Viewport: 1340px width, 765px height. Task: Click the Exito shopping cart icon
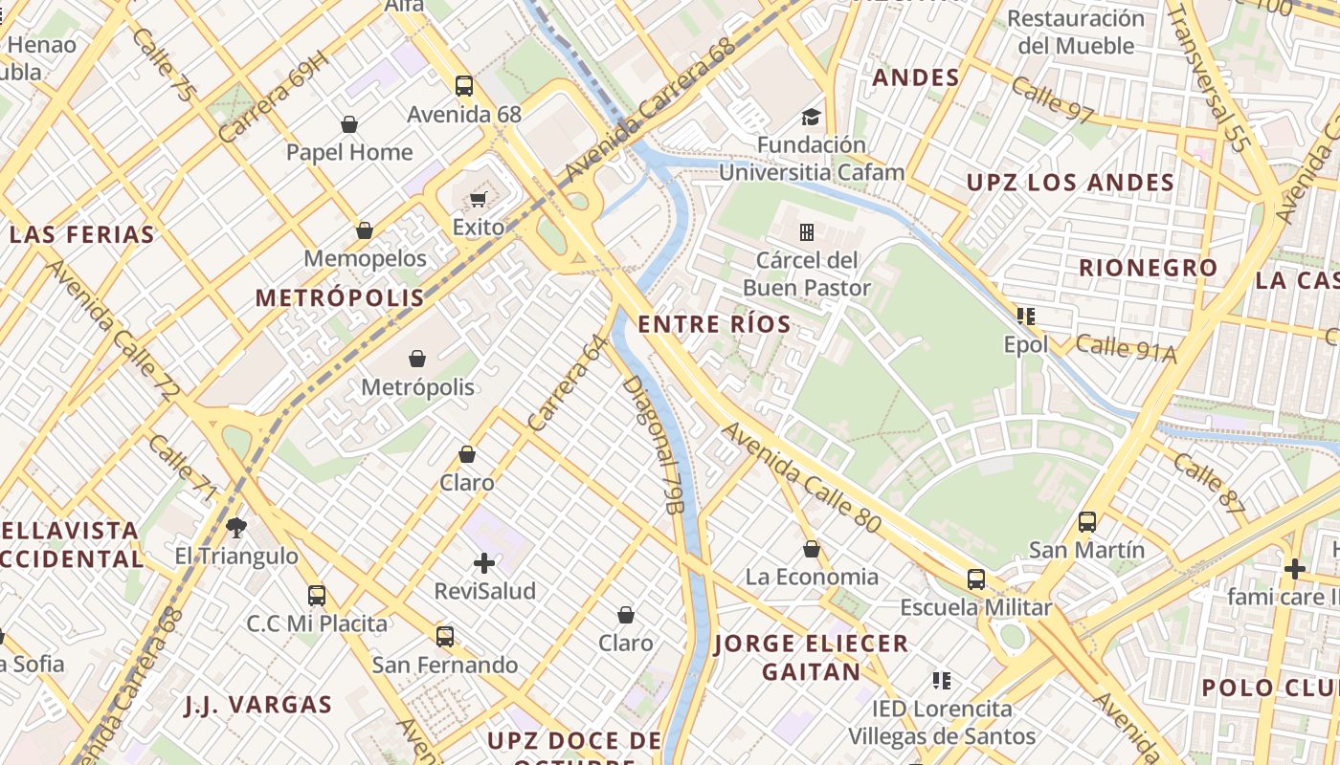click(478, 199)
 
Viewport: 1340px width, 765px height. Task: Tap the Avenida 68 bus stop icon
click(464, 86)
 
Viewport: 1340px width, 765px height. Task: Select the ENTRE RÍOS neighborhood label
click(715, 324)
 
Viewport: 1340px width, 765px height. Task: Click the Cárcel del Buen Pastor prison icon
click(807, 231)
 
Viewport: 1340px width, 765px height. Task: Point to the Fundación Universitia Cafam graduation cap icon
click(811, 117)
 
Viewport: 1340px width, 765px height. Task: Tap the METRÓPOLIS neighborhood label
click(340, 297)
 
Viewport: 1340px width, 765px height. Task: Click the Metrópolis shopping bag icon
click(417, 359)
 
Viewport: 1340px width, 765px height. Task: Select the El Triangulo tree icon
click(236, 527)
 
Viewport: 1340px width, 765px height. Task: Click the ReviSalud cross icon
click(484, 562)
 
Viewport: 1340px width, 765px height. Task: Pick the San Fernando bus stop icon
click(445, 636)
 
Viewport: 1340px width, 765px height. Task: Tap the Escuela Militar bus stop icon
click(975, 579)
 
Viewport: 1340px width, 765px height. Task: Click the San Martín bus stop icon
click(1086, 521)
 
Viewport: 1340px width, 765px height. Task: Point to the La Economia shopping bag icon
click(812, 549)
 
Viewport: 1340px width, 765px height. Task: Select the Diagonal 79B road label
click(653, 444)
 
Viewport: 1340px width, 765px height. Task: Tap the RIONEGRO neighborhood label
click(1148, 268)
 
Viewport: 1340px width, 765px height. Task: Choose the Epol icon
click(1026, 316)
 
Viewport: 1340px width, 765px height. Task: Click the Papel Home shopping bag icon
click(349, 124)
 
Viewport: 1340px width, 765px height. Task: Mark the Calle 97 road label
click(1052, 100)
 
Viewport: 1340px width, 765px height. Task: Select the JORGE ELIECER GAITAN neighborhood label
click(812, 657)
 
